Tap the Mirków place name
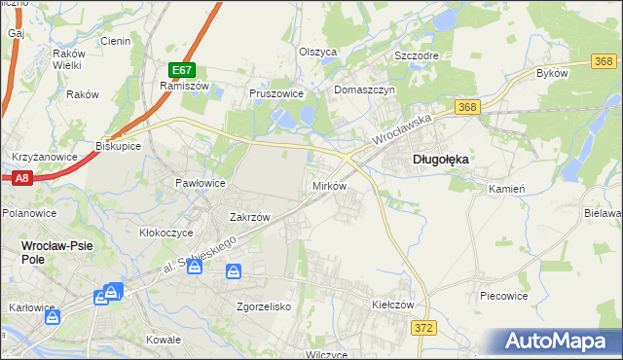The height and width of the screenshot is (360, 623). (328, 185)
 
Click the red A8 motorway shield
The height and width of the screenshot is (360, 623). (21, 177)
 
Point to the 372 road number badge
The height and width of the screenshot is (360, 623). (422, 330)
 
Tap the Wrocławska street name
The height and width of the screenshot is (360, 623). (402, 135)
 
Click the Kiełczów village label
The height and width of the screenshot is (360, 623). (393, 305)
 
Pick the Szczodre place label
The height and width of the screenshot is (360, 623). (416, 55)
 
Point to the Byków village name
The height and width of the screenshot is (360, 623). (551, 73)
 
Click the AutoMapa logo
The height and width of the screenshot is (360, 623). (563, 341)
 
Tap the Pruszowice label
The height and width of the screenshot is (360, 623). (276, 93)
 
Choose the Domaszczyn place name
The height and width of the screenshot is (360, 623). (363, 90)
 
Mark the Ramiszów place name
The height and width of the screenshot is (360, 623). (179, 85)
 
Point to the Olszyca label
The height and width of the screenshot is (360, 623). (317, 52)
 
